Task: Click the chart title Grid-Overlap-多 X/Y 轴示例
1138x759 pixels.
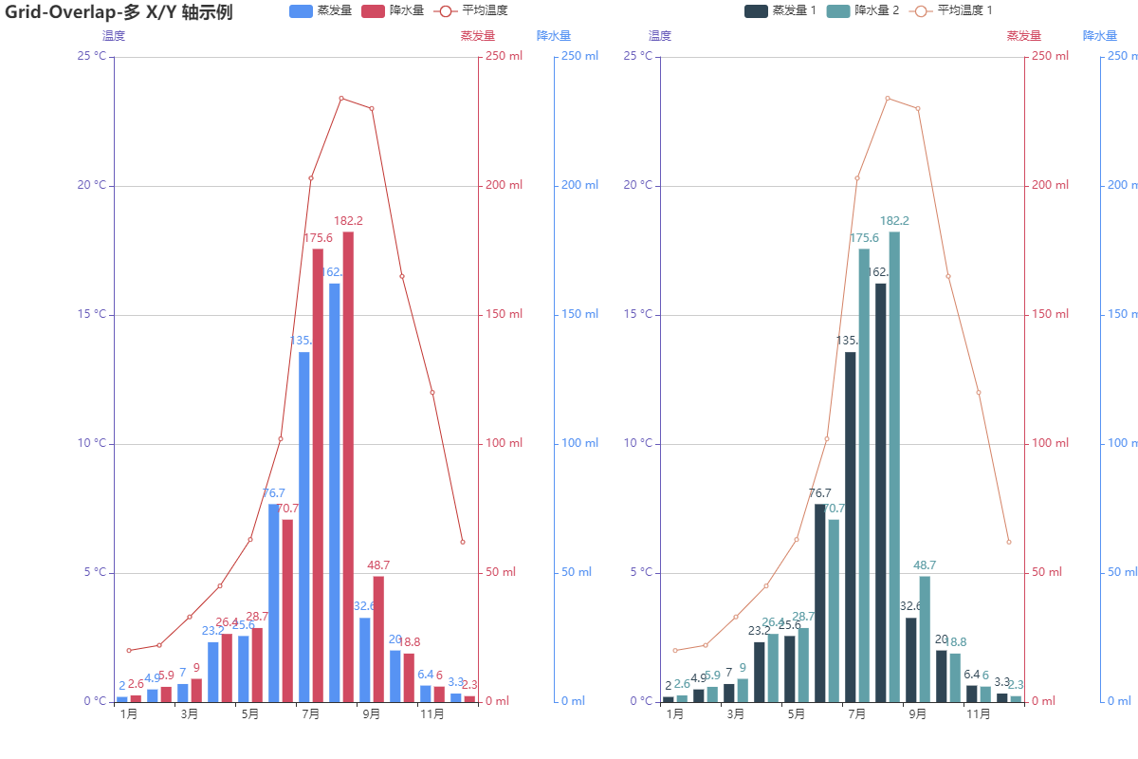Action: click(x=119, y=12)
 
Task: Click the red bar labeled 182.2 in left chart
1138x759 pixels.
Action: click(x=348, y=465)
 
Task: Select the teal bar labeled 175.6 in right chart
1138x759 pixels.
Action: click(x=864, y=474)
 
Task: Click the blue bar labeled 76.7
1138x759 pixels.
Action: click(x=274, y=602)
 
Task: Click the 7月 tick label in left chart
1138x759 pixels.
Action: click(x=310, y=714)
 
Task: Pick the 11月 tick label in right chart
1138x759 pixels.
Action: click(x=978, y=714)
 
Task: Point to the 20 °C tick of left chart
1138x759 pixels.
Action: click(x=92, y=185)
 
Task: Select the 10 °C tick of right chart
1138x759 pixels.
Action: click(x=638, y=443)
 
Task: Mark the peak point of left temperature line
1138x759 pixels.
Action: click(x=341, y=98)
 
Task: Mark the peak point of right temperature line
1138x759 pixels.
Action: click(x=888, y=98)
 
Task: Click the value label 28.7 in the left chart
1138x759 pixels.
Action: click(x=257, y=617)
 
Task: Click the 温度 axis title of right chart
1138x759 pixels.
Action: click(x=660, y=36)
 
